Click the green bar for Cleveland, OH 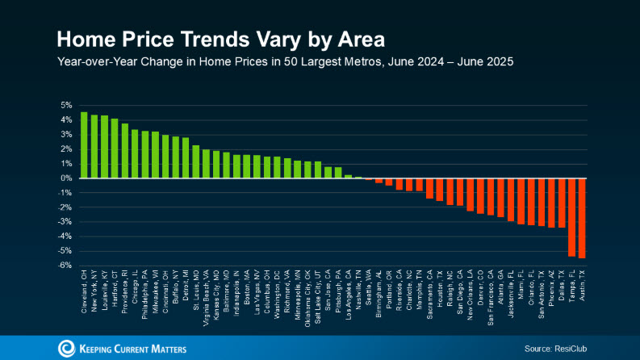[x=84, y=144]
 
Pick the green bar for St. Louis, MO [x=195, y=161]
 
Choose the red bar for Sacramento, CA [x=429, y=188]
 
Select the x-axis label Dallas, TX [x=562, y=291]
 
